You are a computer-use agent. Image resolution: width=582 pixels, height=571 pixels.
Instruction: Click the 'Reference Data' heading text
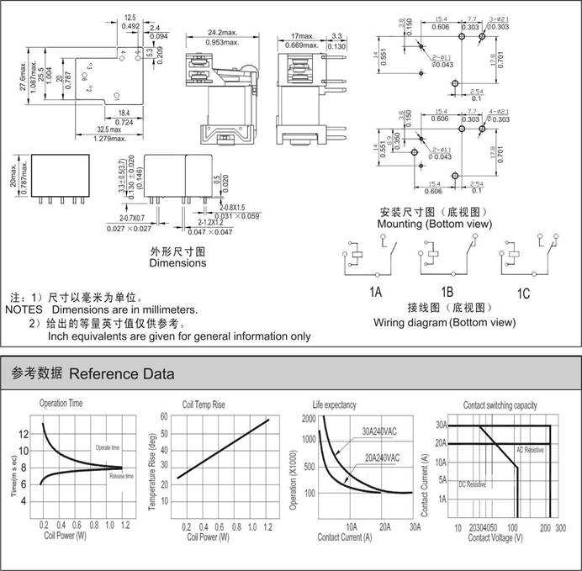click(x=121, y=373)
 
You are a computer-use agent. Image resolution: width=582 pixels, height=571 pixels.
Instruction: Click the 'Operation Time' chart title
click(x=61, y=404)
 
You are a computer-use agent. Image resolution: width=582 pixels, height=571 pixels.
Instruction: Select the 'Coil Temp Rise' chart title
click(x=204, y=404)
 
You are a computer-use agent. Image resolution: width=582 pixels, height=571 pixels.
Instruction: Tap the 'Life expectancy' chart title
click(x=335, y=404)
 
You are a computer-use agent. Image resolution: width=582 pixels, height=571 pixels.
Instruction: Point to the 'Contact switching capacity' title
click(x=500, y=404)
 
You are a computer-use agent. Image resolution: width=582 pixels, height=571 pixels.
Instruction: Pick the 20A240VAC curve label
click(x=380, y=457)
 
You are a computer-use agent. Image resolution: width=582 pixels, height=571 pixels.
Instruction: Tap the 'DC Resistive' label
click(x=472, y=485)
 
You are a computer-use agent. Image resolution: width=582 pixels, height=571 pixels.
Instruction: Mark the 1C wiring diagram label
click(x=523, y=293)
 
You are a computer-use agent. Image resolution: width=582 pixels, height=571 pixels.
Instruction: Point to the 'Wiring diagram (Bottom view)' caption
click(x=444, y=321)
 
